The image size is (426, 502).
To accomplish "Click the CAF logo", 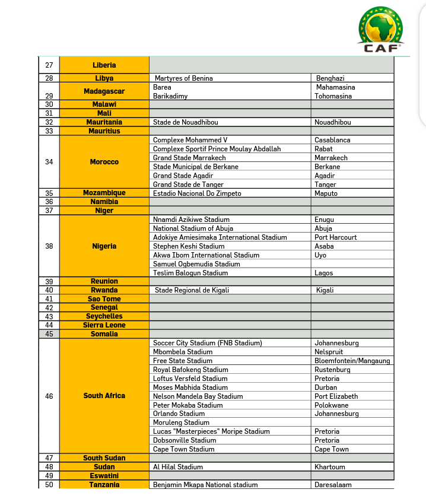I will pos(380,30).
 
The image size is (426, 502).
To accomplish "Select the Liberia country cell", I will pos(104,65).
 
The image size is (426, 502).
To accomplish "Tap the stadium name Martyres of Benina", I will pos(183,78).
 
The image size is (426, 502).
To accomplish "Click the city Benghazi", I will pos(330,78).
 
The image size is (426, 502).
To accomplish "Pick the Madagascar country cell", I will pos(104,91).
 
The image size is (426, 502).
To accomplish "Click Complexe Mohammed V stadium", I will pos(190,140).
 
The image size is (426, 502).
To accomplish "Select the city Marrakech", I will pos(331,158).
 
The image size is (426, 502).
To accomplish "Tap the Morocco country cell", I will pos(104,162).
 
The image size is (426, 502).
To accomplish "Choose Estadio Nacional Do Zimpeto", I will pos(197,193).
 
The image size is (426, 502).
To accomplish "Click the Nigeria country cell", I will pos(104,246).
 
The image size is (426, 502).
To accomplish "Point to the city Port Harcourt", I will pos(336,237).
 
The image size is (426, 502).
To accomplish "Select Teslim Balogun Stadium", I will pos(190,273).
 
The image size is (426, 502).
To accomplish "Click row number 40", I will pos(49,290).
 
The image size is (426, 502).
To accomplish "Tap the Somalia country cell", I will pos(104,334).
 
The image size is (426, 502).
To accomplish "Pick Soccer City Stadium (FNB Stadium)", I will pos(207,343).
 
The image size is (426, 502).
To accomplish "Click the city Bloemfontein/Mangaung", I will pos(352,361).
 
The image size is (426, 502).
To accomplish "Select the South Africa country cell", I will pos(104,396).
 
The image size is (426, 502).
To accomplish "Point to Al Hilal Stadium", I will pos(178,467).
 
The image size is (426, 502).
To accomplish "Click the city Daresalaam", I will pos(333,485).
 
